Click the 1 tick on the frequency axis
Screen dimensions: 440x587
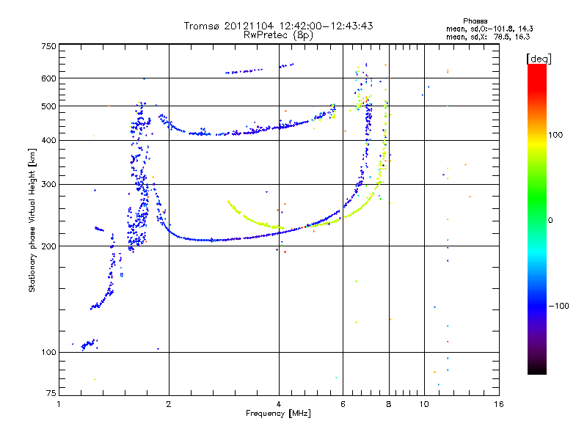click(59, 404)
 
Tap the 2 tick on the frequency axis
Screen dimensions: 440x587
click(169, 404)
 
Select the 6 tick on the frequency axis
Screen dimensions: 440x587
click(343, 404)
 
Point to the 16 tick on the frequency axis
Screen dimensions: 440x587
click(498, 404)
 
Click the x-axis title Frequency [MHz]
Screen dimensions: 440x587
click(278, 414)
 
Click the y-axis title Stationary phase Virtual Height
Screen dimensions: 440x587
click(32, 220)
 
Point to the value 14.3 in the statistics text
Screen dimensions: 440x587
click(519, 29)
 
